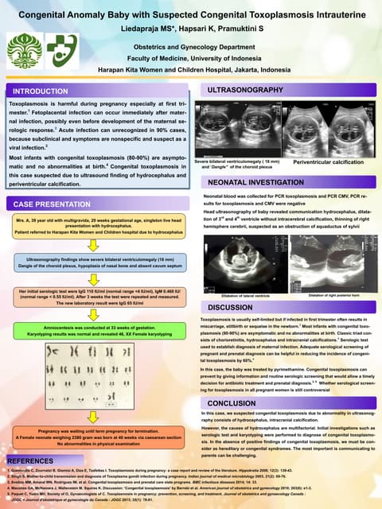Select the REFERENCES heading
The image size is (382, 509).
(x=30, y=460)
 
